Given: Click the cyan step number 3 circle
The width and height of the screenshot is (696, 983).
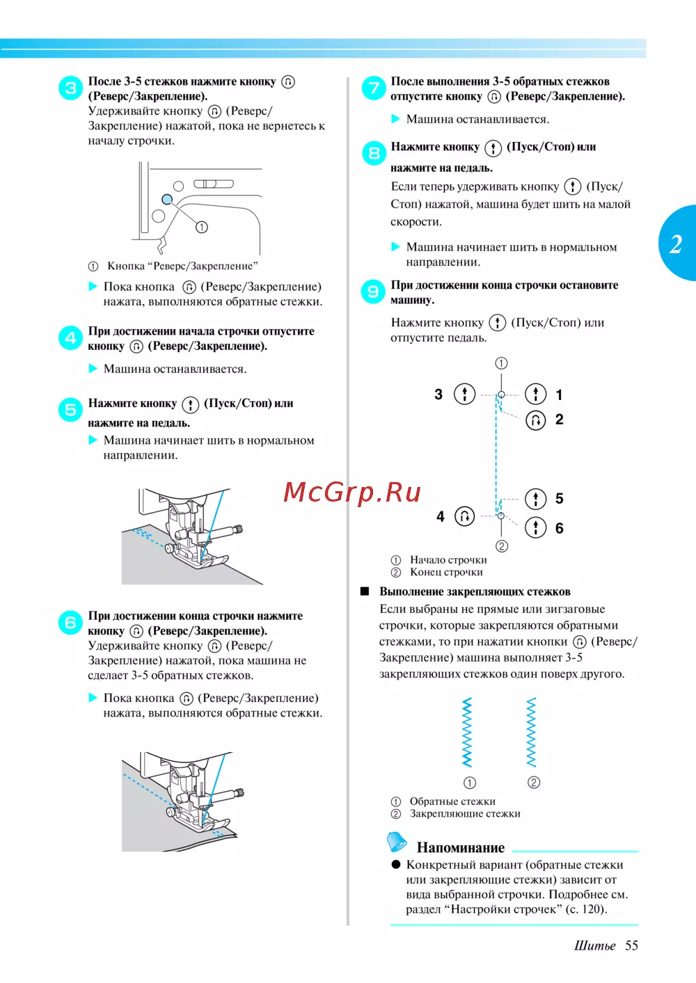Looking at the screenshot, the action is [71, 88].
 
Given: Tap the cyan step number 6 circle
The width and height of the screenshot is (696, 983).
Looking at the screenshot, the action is [71, 622].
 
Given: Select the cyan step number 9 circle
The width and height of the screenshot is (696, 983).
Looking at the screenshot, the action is [373, 291].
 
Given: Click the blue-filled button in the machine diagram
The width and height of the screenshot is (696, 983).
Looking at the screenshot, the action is [167, 200].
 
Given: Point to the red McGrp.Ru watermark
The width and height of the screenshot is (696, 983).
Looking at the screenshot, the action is [352, 492].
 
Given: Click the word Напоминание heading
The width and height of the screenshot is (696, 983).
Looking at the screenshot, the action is [461, 848].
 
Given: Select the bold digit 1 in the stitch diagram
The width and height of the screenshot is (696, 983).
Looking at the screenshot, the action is [559, 395].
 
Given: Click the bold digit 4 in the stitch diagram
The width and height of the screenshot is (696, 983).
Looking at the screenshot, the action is [441, 516].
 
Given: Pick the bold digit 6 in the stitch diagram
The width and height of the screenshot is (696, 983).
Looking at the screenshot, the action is [559, 528].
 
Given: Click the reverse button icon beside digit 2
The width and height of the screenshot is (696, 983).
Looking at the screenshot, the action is [536, 420].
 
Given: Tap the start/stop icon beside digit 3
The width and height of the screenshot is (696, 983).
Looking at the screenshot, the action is [465, 394].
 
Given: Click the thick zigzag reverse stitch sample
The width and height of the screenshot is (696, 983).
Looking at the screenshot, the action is [467, 733].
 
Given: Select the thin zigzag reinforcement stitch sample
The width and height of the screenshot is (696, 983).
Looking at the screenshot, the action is [532, 733].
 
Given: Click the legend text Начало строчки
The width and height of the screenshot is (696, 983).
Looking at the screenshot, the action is [448, 560].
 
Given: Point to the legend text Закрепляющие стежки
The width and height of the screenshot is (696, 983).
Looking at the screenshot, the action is [465, 814].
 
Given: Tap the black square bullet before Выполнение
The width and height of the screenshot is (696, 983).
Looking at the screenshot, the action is [365, 591].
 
